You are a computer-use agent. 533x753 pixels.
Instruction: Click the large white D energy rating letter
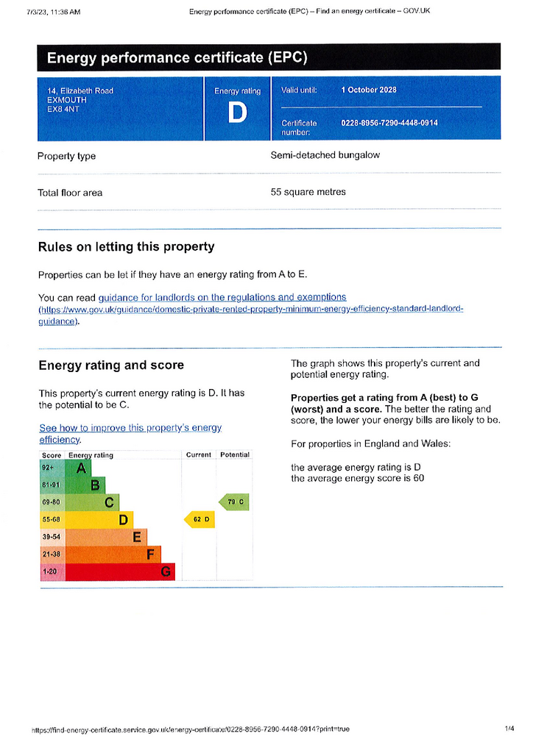238,113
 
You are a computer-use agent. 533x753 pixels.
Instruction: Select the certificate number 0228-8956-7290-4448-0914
389,123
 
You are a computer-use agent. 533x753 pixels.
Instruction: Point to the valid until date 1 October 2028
369,90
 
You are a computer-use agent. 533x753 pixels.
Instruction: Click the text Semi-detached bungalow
325,155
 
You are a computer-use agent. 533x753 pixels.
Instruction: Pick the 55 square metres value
308,192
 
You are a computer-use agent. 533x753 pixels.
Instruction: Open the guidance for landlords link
222,297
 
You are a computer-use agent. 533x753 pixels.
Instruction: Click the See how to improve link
130,433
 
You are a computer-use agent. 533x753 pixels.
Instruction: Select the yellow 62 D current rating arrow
200,519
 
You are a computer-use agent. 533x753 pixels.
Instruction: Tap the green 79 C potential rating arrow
234,502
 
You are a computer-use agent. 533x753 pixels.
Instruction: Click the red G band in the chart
120,571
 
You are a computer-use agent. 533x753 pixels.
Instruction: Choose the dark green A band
78,468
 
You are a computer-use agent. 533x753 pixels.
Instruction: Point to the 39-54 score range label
52,537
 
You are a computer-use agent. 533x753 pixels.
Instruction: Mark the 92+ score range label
48,468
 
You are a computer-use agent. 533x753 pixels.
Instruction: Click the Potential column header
235,454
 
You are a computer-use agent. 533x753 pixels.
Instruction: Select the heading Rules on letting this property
127,247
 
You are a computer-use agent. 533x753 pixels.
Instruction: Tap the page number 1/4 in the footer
509,729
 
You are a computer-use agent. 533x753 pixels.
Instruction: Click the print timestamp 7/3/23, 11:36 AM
54,12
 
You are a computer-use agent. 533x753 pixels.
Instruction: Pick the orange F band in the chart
113,554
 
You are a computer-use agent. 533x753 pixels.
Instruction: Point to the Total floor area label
70,193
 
